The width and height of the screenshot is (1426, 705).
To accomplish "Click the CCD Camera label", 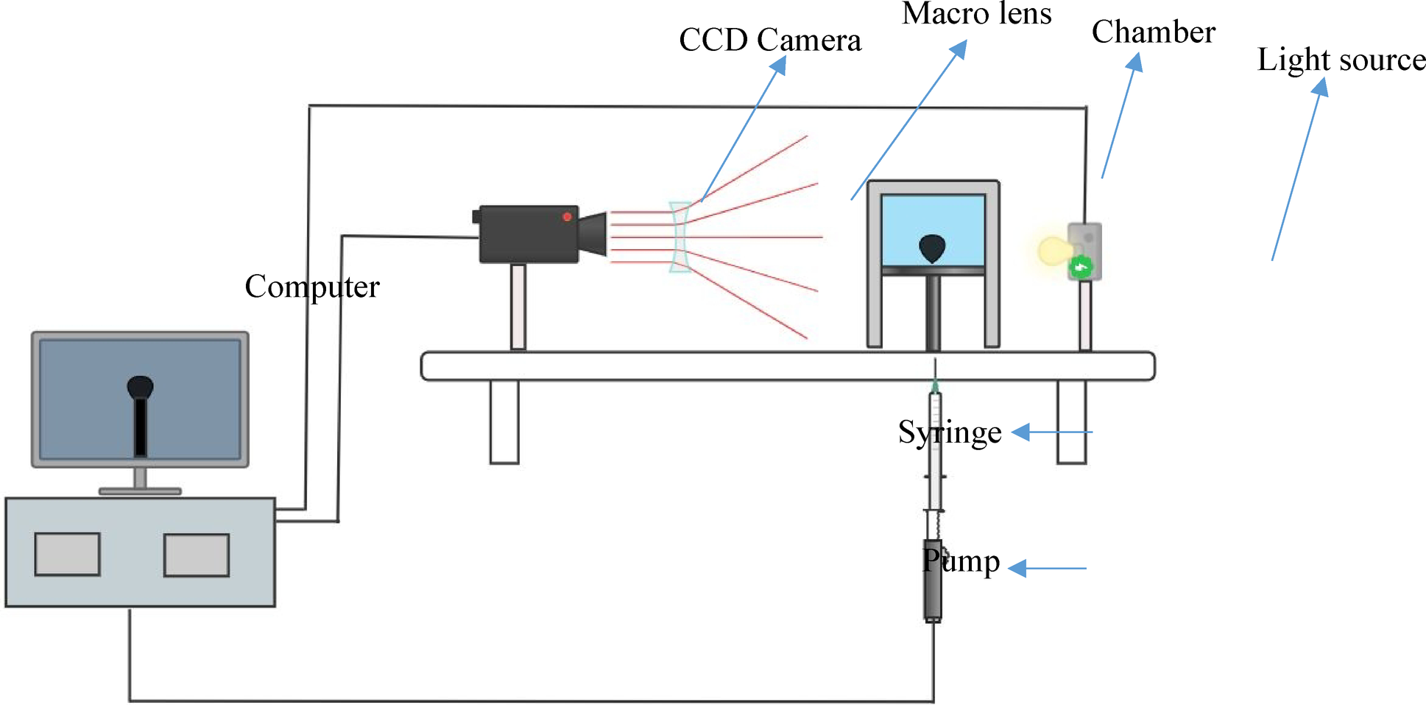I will (769, 41).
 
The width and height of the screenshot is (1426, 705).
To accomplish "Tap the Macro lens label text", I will (976, 13).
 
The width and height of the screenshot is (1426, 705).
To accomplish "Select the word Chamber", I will (1153, 32).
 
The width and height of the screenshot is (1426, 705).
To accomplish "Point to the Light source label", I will (1341, 60).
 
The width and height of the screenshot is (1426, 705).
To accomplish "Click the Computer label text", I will (311, 287).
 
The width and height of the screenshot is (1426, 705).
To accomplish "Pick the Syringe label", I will (950, 432).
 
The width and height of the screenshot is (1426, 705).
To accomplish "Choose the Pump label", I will (961, 561).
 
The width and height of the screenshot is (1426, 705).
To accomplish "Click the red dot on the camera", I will (567, 217).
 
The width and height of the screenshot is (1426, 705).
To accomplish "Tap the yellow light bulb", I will (1052, 250).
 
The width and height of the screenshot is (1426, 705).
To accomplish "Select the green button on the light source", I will (1081, 267).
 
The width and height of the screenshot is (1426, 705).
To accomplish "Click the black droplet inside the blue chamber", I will (932, 248).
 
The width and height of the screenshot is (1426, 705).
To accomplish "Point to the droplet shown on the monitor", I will (140, 386).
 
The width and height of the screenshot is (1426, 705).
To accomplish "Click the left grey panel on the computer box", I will (67, 554).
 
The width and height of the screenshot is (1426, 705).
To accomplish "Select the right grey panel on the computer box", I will (196, 555).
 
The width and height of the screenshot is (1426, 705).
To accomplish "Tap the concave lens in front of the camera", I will (680, 236).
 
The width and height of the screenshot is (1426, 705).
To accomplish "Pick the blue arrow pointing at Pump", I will (1047, 568).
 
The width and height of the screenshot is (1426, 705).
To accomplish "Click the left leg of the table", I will (504, 421).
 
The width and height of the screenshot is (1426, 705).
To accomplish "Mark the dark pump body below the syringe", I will (933, 582).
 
